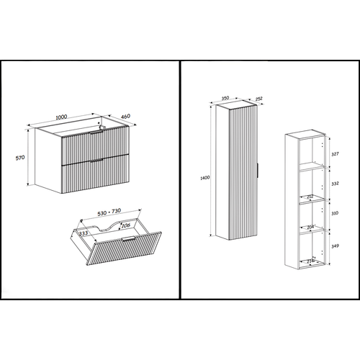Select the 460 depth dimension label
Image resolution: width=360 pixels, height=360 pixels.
click(125, 116)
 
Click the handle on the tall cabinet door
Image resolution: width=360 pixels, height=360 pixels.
click(256, 170)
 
